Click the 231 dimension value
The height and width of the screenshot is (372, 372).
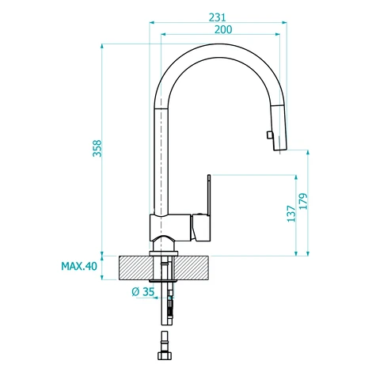click(x=218, y=17)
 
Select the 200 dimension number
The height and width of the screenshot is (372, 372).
click(x=223, y=29)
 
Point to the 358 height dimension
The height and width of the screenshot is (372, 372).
click(x=97, y=148)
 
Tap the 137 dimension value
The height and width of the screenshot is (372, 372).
click(x=291, y=214)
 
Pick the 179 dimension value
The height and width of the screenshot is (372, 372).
click(x=303, y=201)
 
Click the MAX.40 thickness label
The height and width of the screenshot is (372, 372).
click(x=79, y=266)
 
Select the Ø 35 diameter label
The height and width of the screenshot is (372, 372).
click(x=142, y=292)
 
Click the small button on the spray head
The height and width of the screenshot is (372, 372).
click(x=269, y=135)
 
